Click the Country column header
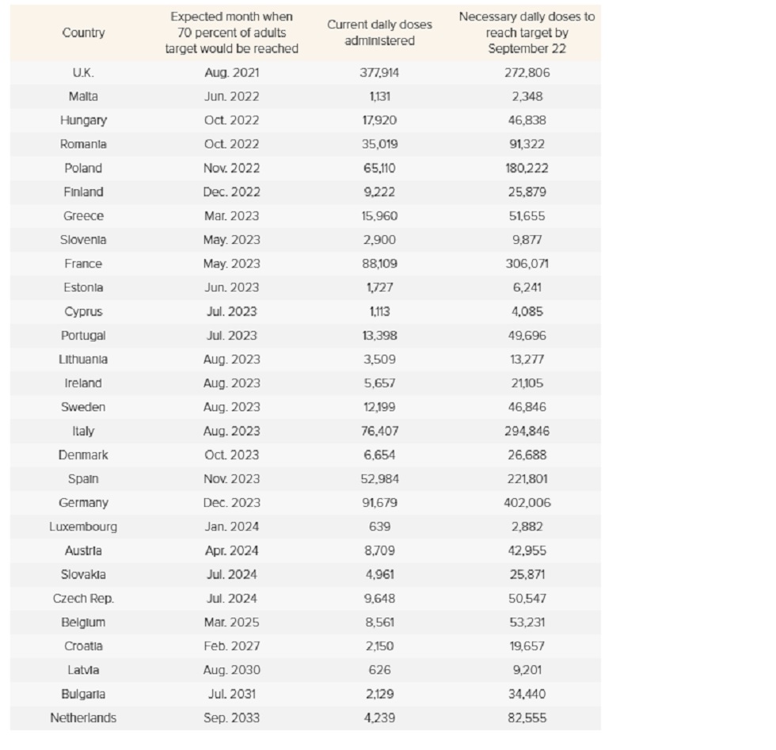pyautogui.click(x=83, y=32)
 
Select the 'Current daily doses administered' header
pyautogui.click(x=379, y=32)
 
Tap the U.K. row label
pyautogui.click(x=83, y=73)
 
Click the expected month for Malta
pyautogui.click(x=231, y=97)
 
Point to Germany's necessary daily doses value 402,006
pyautogui.click(x=527, y=503)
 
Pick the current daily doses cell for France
pyautogui.click(x=379, y=264)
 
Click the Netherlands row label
pyautogui.click(x=83, y=718)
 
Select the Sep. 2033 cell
pyautogui.click(x=231, y=718)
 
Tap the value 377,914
pyautogui.click(x=379, y=73)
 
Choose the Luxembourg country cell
pyautogui.click(x=83, y=527)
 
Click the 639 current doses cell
pyautogui.click(x=379, y=527)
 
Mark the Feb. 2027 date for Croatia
pyautogui.click(x=231, y=646)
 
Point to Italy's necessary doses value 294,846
pyautogui.click(x=527, y=431)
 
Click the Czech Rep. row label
pyautogui.click(x=83, y=599)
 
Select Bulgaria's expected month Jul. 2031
pyautogui.click(x=231, y=694)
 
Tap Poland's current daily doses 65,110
pyautogui.click(x=379, y=169)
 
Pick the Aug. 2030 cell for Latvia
pyautogui.click(x=231, y=670)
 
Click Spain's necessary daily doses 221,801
pyautogui.click(x=527, y=479)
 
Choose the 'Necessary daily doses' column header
pyautogui.click(x=527, y=32)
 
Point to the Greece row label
pyautogui.click(x=83, y=216)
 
